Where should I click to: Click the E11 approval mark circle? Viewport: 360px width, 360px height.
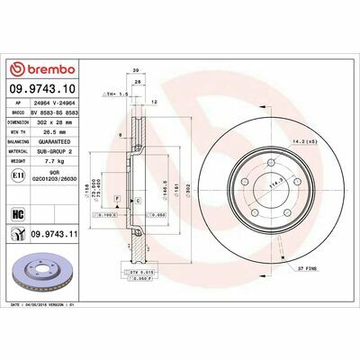(x=20, y=182)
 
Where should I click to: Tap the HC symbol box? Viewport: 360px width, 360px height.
(x=19, y=213)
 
